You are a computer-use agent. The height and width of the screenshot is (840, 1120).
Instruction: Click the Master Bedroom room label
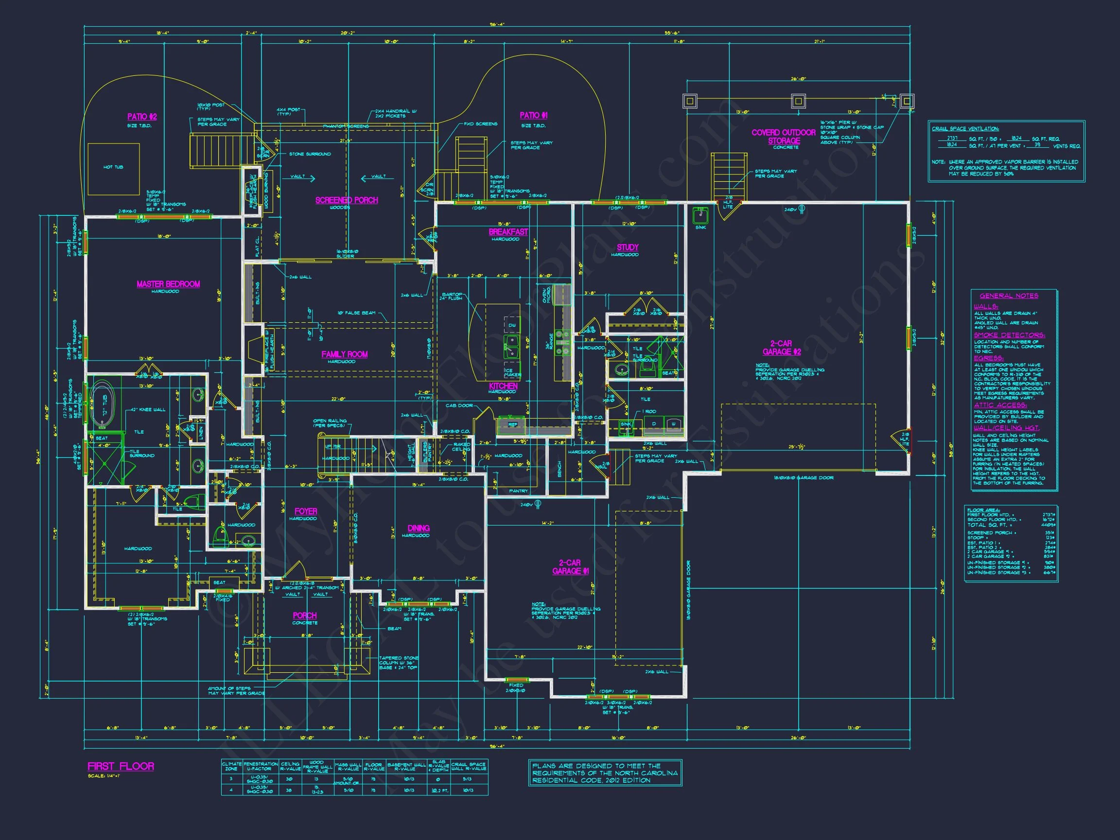click(168, 284)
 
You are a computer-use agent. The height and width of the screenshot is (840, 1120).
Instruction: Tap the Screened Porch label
click(346, 200)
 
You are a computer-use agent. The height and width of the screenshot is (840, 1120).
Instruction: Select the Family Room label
click(344, 354)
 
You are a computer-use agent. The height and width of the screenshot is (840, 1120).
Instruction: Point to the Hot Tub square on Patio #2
click(113, 169)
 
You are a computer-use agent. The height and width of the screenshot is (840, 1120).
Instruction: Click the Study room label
click(628, 247)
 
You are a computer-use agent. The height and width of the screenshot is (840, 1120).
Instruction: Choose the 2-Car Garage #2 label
click(781, 348)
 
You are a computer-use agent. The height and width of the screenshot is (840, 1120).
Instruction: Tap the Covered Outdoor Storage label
click(783, 136)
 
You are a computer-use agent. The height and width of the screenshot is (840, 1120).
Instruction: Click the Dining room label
click(418, 528)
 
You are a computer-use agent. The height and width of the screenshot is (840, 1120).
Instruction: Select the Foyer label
click(305, 511)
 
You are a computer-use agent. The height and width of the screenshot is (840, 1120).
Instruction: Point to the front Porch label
click(304, 615)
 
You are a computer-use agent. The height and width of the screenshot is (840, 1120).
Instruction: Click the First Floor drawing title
click(121, 766)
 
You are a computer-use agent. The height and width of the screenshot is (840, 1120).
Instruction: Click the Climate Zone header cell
click(231, 766)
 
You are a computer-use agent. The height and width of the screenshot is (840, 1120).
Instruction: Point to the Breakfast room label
click(508, 232)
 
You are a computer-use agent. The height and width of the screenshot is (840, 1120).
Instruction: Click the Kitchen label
click(503, 386)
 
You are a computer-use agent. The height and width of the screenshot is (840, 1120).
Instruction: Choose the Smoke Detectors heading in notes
click(1009, 335)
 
